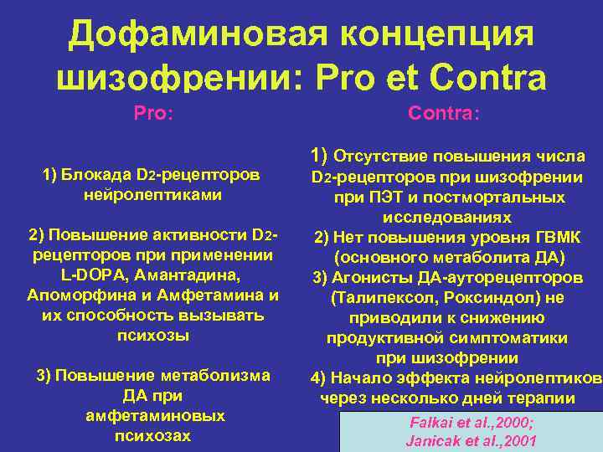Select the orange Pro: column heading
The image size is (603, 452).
(x=153, y=112)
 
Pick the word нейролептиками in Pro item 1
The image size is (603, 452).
(x=153, y=195)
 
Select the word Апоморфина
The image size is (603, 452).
(x=77, y=295)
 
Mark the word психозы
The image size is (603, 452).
(x=152, y=336)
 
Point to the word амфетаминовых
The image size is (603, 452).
(x=153, y=416)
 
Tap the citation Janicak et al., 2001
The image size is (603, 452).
(x=471, y=440)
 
